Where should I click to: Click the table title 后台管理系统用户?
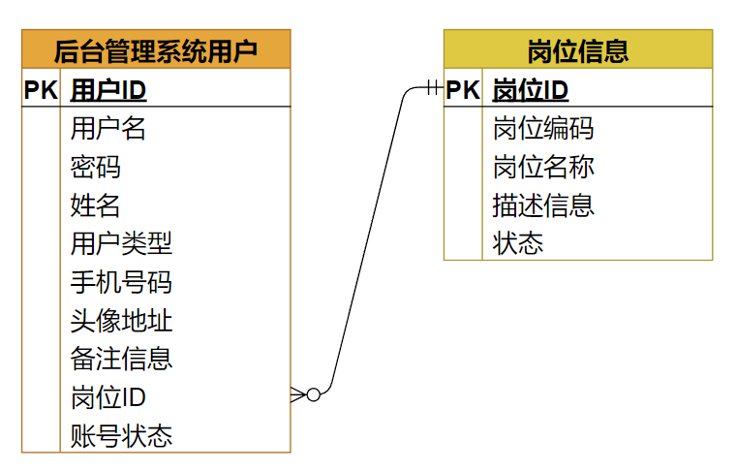pyautogui.click(x=156, y=49)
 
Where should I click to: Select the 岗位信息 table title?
pyautogui.click(x=578, y=49)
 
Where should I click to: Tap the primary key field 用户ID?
pyautogui.click(x=108, y=90)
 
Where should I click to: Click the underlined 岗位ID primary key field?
pyautogui.click(x=531, y=90)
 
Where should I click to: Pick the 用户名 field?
pyautogui.click(x=108, y=128)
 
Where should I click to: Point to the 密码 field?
pyautogui.click(x=96, y=167)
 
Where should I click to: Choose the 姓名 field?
pyautogui.click(x=96, y=205)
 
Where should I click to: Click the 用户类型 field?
pyautogui.click(x=121, y=243)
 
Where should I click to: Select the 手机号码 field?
pyautogui.click(x=121, y=281)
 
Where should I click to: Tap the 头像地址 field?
pyautogui.click(x=121, y=320)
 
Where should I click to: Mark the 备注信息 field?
pyautogui.click(x=121, y=358)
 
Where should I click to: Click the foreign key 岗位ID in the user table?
pyautogui.click(x=108, y=396)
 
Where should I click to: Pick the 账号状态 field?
pyautogui.click(x=121, y=435)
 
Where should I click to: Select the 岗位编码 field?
pyautogui.click(x=543, y=128)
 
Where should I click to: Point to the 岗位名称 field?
pyautogui.click(x=543, y=167)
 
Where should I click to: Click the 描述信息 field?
pyautogui.click(x=543, y=205)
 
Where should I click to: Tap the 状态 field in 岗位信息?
pyautogui.click(x=518, y=243)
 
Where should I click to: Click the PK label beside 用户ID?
pyautogui.click(x=41, y=90)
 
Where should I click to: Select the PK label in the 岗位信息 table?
pyautogui.click(x=463, y=90)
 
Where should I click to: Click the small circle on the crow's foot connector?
pyautogui.click(x=313, y=394)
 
